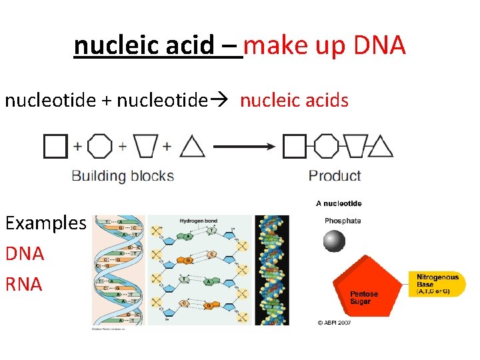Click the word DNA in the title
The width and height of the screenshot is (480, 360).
[x=379, y=46]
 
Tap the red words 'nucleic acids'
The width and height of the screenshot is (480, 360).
[x=294, y=101]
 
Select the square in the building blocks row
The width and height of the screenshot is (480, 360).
[x=55, y=146]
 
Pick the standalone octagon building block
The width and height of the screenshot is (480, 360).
[x=100, y=146]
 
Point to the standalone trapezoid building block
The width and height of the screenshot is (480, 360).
[x=145, y=146]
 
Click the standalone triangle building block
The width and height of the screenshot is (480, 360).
[x=192, y=147]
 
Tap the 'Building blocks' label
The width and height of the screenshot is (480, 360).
[x=123, y=177]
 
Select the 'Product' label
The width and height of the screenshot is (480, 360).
[x=335, y=176]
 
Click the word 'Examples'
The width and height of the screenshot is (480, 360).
[x=45, y=223]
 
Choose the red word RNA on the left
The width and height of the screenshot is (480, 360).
[x=24, y=284]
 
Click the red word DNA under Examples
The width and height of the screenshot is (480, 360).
[x=25, y=253]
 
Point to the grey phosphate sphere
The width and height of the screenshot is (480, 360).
[x=334, y=241]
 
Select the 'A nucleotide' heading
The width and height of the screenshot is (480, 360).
[x=339, y=203]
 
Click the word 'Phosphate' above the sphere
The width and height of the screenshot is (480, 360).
[x=343, y=221]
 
